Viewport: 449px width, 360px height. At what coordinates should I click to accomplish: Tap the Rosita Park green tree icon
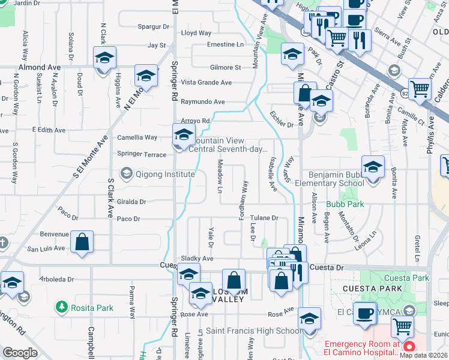(61, 308)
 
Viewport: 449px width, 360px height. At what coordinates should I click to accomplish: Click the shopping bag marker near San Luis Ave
(82, 242)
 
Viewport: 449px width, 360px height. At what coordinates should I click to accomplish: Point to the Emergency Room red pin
(409, 347)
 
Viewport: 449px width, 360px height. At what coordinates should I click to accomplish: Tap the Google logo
(20, 353)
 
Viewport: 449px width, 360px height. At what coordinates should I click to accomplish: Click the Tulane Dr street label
(264, 218)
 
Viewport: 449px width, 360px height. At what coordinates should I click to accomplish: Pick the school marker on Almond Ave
(104, 59)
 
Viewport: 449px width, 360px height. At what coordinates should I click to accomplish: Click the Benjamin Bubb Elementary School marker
(373, 167)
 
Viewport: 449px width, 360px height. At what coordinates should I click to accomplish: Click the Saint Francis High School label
(254, 331)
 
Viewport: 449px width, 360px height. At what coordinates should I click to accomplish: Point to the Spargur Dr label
(153, 27)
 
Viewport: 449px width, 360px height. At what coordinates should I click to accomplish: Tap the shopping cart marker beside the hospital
(402, 327)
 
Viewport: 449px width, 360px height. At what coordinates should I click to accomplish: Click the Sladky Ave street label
(197, 259)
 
